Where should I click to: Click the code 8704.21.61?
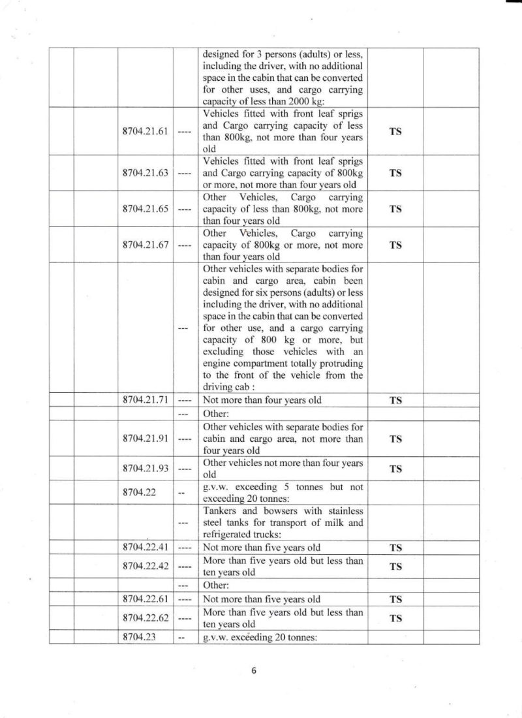point(146,131)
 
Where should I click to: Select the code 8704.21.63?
point(146,173)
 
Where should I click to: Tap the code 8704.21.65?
point(146,209)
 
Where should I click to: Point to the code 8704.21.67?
point(146,245)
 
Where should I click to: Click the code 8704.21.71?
point(146,400)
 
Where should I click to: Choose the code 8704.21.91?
point(146,438)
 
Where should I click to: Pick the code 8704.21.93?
point(146,468)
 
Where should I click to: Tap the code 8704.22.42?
point(146,566)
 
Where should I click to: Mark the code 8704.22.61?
point(146,599)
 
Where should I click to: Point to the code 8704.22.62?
point(146,617)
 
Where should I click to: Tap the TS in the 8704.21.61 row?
point(395,131)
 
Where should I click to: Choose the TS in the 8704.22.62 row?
point(395,618)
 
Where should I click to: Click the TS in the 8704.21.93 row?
point(395,469)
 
